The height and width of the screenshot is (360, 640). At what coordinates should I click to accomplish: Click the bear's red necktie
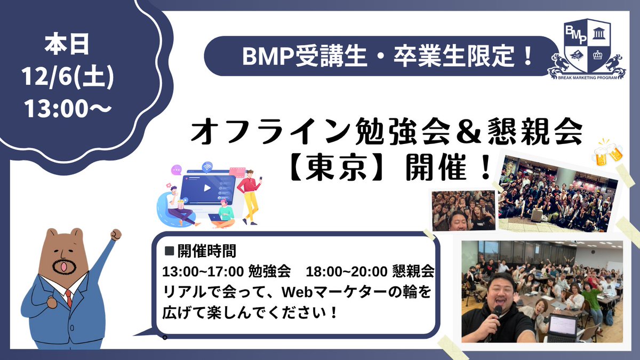click(x=68, y=297)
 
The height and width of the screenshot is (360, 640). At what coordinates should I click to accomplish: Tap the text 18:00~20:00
click(x=347, y=271)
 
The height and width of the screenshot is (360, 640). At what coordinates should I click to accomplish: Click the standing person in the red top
click(x=249, y=195)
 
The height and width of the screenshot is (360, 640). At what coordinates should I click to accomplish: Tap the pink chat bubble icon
click(x=176, y=172)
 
